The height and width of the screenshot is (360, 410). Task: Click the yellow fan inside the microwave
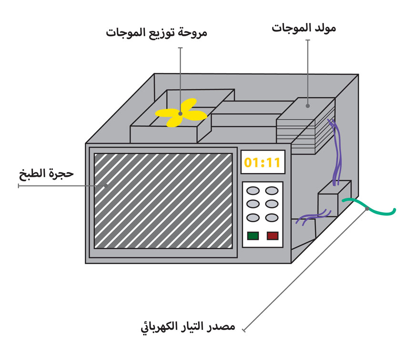click(x=181, y=114)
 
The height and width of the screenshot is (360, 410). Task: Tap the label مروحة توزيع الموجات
click(x=156, y=33)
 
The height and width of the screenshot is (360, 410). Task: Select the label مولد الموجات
click(x=304, y=28)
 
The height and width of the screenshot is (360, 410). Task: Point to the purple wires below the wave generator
click(x=338, y=153)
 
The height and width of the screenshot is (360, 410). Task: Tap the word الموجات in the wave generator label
click(x=290, y=28)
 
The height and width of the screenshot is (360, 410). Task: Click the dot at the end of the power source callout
click(x=367, y=208)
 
